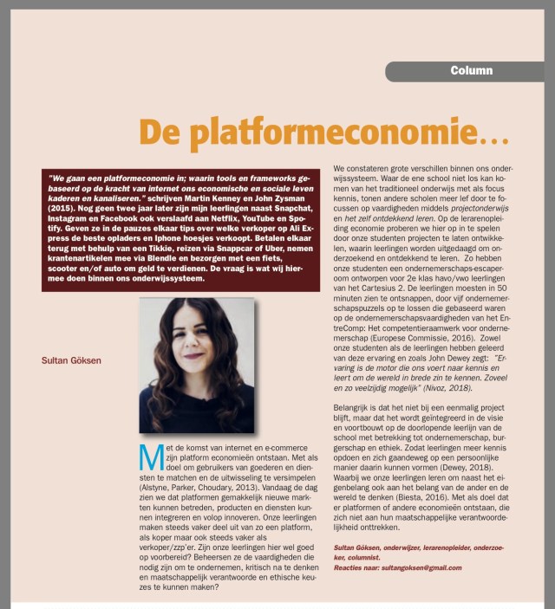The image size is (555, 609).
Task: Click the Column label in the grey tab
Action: point(471,70)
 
